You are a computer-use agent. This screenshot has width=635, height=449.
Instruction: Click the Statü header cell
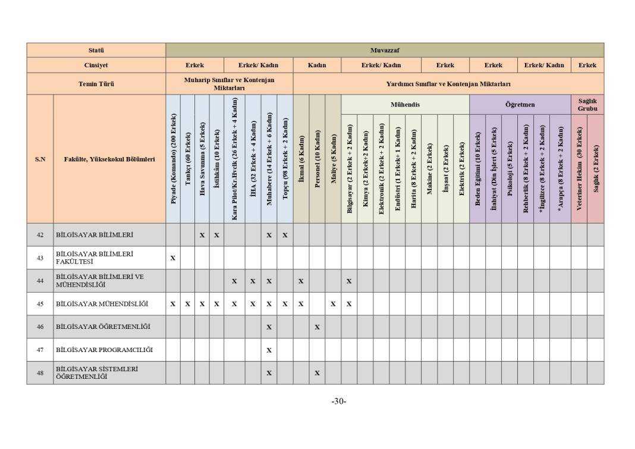click(96, 50)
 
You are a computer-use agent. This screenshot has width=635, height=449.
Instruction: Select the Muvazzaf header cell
click(385, 50)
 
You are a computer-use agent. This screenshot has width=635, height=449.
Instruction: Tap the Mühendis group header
click(405, 105)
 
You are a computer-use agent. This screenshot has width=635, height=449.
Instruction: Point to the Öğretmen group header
click(520, 105)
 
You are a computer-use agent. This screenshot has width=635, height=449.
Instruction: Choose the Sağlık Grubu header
click(587, 105)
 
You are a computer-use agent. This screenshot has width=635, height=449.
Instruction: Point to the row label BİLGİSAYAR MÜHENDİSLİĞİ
click(102, 304)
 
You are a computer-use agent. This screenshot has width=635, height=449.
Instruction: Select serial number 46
click(40, 326)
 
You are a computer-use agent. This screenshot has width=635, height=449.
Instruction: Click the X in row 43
click(173, 258)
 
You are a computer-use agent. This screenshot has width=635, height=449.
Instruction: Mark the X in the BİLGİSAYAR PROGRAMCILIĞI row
click(269, 350)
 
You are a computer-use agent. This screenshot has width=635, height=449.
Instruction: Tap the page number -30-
click(339, 401)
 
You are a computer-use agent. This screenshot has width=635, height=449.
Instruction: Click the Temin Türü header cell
click(96, 84)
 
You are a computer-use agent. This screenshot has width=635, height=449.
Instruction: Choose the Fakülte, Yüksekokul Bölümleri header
click(109, 159)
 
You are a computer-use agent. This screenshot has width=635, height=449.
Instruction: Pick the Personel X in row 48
click(317, 373)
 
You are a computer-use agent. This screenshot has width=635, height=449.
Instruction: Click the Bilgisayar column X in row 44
click(349, 281)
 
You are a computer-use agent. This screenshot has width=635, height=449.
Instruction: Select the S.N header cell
click(40, 159)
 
